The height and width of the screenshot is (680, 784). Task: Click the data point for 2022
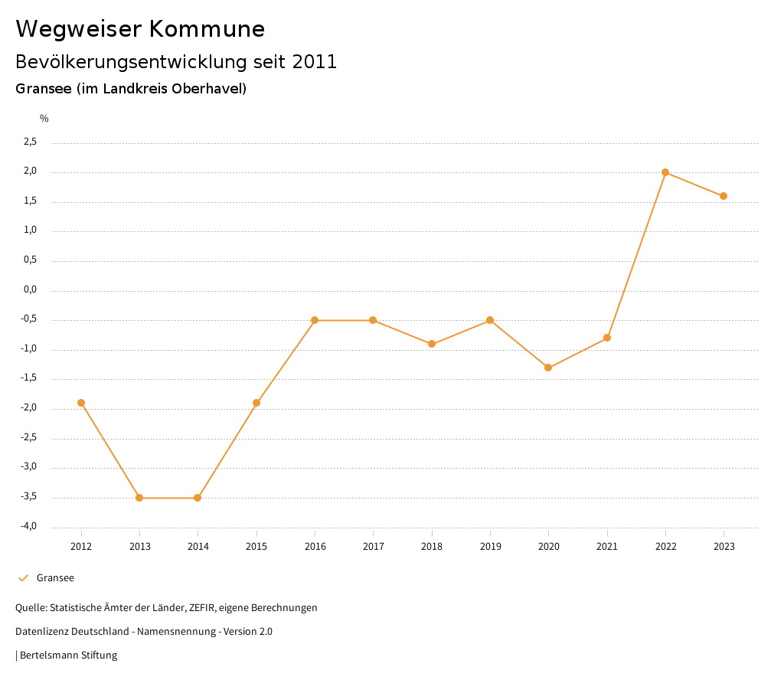[x=665, y=172]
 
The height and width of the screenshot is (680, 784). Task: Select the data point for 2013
[x=139, y=498]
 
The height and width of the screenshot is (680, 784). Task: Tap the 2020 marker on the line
[x=548, y=368]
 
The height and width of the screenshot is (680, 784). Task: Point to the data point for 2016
[x=315, y=320]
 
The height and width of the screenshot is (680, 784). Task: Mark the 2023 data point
[x=724, y=196]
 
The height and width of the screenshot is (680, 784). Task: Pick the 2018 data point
[x=432, y=344]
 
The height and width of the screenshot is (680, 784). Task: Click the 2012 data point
[x=81, y=403]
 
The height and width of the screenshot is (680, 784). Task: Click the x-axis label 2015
[x=256, y=547]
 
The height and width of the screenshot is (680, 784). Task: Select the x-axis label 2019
[x=490, y=547]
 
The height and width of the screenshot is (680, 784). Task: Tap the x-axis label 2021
[x=607, y=547]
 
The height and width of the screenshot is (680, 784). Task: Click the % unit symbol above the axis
[x=44, y=119]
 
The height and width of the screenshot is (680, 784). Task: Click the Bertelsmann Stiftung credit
[x=68, y=655]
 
